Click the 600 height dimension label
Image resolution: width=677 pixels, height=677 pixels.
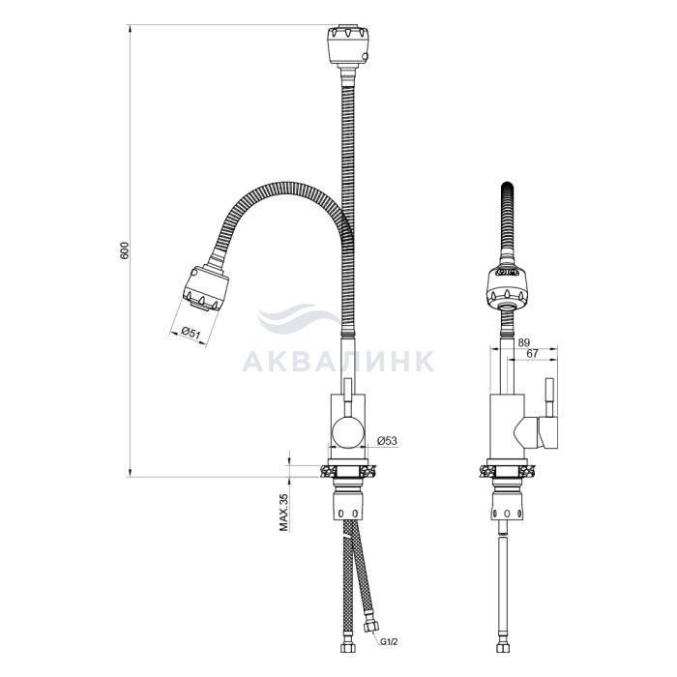pyautogui.click(x=125, y=250)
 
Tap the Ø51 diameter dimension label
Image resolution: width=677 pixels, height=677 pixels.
pyautogui.click(x=190, y=333)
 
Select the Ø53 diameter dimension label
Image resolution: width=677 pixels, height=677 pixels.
pyautogui.click(x=387, y=441)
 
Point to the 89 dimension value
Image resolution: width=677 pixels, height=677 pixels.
pyautogui.click(x=523, y=342)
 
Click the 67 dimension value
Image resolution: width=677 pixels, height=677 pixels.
pyautogui.click(x=532, y=353)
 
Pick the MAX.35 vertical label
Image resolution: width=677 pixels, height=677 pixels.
pyautogui.click(x=283, y=513)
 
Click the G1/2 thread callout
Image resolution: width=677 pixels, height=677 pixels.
pyautogui.click(x=389, y=642)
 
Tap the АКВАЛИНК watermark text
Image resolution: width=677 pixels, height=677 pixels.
pyautogui.click(x=338, y=362)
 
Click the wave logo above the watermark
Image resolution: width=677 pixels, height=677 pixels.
pyautogui.click(x=298, y=318)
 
